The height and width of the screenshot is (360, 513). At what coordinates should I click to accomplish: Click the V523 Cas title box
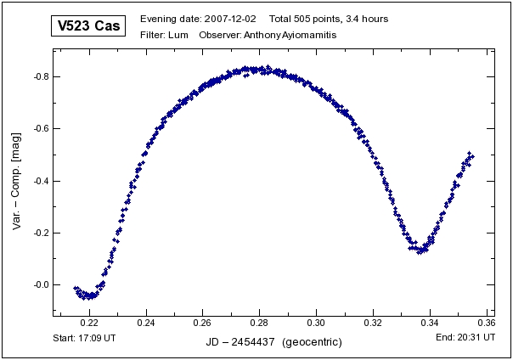(87, 26)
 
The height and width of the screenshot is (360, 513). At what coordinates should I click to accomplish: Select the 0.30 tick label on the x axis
(316, 323)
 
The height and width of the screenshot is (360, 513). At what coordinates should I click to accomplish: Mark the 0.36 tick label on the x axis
(486, 323)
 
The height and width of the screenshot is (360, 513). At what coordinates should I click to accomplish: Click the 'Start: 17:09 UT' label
(84, 337)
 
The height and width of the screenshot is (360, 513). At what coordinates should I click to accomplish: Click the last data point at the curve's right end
(472, 156)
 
